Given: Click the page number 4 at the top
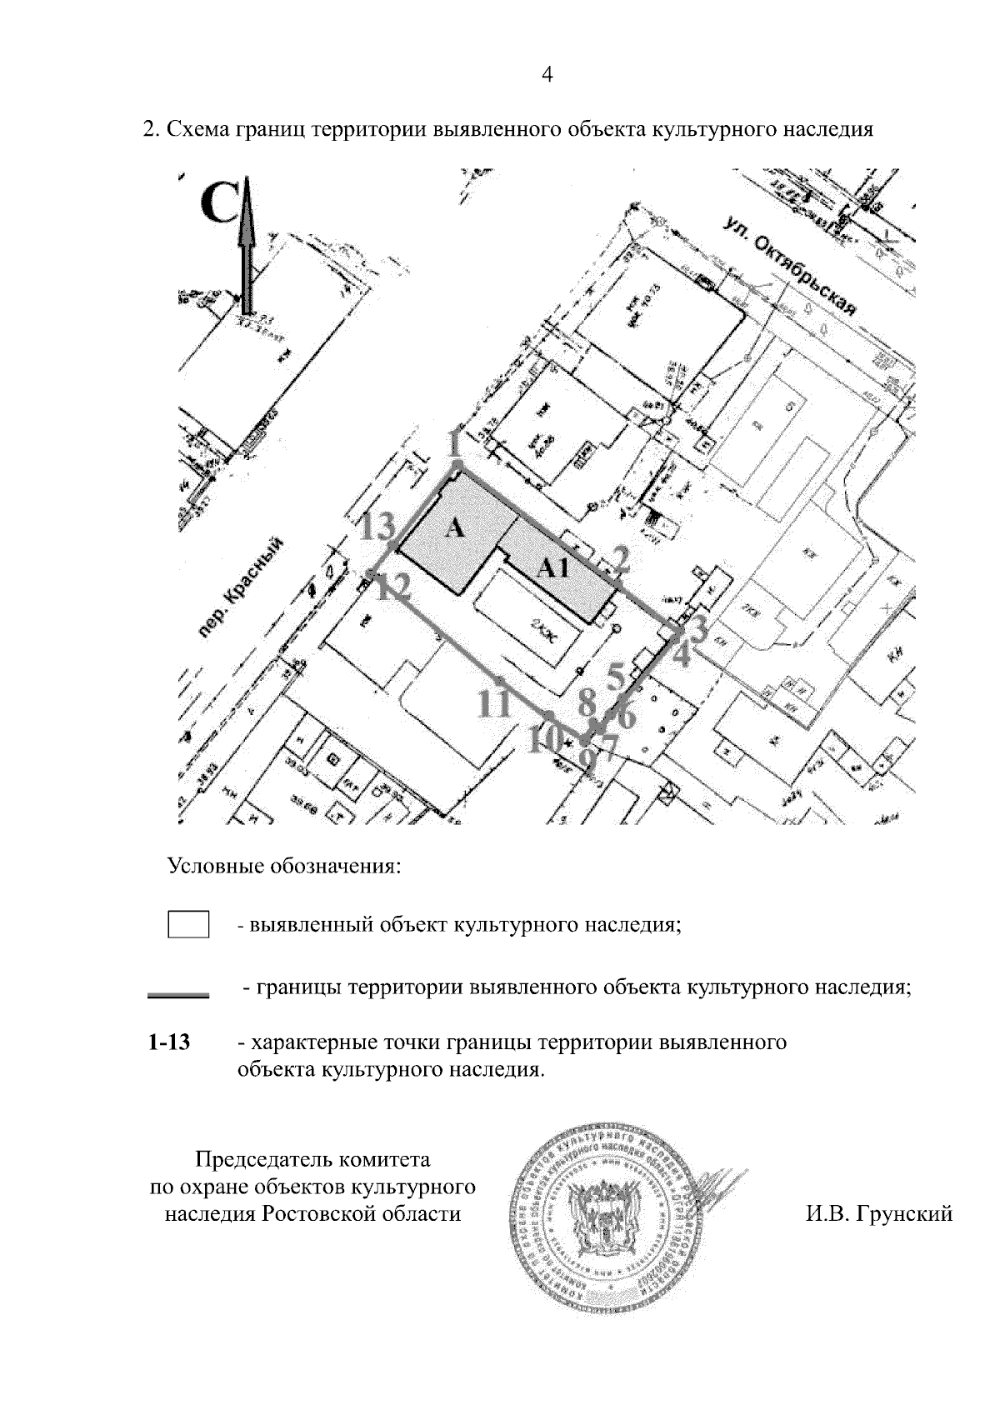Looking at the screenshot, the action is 547,76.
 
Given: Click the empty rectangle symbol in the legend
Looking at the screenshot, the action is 188,925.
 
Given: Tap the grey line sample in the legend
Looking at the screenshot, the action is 177,994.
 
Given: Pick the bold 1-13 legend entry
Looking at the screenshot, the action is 170,1042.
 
